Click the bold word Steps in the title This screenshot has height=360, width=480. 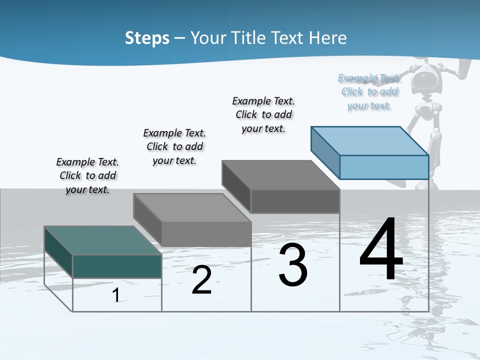pyautogui.click(x=147, y=38)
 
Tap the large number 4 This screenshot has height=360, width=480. pyautogui.click(x=381, y=250)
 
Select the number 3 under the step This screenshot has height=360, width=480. pyautogui.click(x=293, y=265)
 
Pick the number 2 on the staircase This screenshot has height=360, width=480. pyautogui.click(x=201, y=280)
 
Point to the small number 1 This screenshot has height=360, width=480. pyautogui.click(x=116, y=295)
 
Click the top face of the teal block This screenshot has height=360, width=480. pyautogui.click(x=102, y=240)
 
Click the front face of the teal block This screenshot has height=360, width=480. pyautogui.click(x=117, y=266)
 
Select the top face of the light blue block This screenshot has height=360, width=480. pyautogui.click(x=370, y=141)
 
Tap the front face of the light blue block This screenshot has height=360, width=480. pyautogui.click(x=384, y=167)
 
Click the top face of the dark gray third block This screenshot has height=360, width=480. pyautogui.click(x=280, y=175)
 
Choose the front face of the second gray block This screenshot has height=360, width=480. pyautogui.click(x=206, y=233)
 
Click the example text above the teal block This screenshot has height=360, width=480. pyautogui.click(x=87, y=175)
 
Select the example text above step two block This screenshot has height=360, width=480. pyautogui.click(x=174, y=146)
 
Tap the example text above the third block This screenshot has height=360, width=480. pyautogui.click(x=263, y=114)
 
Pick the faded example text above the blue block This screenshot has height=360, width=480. pyautogui.click(x=369, y=91)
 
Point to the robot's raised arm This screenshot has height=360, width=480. pyautogui.click(x=462, y=70)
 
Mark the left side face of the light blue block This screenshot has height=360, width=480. pyautogui.click(x=325, y=152)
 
